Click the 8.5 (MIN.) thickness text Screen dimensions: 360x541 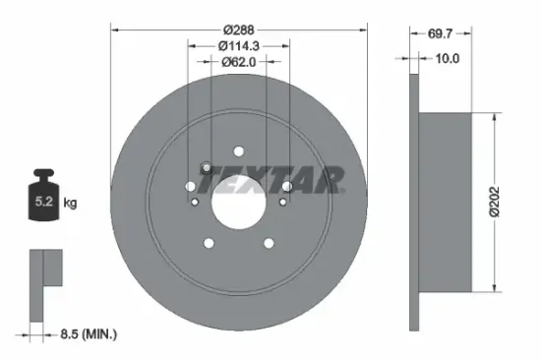click(85, 334)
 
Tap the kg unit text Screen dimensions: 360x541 click(70, 204)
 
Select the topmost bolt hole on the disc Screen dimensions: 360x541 click(238, 150)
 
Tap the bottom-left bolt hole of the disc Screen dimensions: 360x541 click(209, 243)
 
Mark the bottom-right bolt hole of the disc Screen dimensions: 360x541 click(268, 243)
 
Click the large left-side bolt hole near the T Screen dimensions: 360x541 click(204, 168)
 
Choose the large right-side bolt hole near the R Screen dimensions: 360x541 click(285, 185)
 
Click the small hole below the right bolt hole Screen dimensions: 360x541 click(281, 202)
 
